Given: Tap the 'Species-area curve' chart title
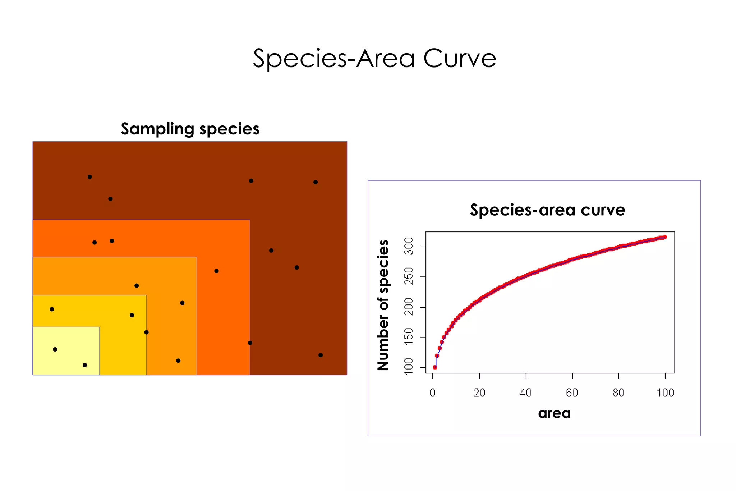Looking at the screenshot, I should pos(547,210).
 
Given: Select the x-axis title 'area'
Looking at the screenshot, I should pos(554,413).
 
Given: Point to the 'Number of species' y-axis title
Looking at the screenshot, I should pos(383,305).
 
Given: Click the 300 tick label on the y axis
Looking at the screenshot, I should pos(409,247).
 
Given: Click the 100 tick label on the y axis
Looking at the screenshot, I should pos(409,367).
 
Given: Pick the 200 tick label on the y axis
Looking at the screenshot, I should pos(409,307).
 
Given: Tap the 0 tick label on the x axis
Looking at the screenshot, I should pos(433,393).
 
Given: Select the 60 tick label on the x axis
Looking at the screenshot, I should pos(572,393).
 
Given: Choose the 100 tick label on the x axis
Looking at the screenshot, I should pos(665,393).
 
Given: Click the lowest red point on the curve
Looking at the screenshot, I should pos(435,367).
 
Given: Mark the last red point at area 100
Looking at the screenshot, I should pos(665,237).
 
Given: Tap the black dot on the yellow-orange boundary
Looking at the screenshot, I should pos(146,332).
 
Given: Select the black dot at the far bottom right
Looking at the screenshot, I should pos(321,355).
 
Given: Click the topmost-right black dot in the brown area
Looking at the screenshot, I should pos(316,182).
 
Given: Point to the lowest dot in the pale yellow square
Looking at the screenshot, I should pos(85,365).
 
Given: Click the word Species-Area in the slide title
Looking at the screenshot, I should pos(334,58).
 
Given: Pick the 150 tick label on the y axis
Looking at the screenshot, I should pos(409,337).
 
